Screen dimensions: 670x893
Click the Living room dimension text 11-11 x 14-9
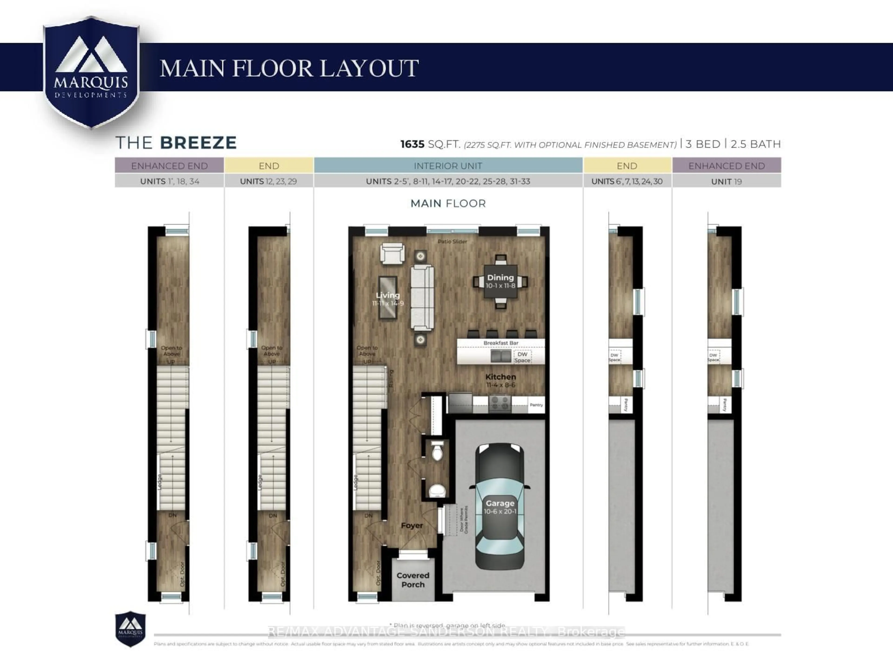click(x=388, y=303)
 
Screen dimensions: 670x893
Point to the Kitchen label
click(x=501, y=376)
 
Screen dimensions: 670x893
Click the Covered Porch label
click(x=413, y=580)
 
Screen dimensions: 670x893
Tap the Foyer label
click(x=412, y=526)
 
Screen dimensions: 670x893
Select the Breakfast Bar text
click(x=501, y=343)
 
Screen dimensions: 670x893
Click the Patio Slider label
click(x=452, y=241)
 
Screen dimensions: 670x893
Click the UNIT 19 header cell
click(x=726, y=181)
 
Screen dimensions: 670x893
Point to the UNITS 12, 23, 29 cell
click(x=268, y=181)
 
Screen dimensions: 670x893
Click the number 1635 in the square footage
click(x=412, y=144)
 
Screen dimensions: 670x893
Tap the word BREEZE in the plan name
click(x=198, y=143)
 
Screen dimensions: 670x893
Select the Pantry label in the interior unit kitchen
click(x=536, y=405)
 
